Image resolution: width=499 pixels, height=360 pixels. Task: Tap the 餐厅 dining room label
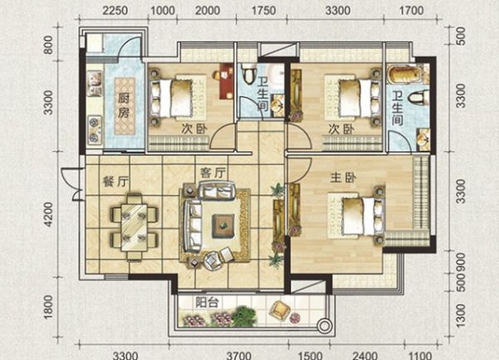pos(116,181)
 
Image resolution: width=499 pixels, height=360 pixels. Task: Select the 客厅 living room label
pos(213,173)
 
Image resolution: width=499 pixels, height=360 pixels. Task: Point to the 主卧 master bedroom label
pos(343,178)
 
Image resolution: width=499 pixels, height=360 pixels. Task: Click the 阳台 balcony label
pos(207,302)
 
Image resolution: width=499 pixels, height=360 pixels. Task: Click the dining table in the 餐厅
pos(134,227)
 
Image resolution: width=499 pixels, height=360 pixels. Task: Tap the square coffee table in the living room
pos(224,225)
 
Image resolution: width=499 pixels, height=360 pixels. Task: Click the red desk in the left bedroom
pos(226,81)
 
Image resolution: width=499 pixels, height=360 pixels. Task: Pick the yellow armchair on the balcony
pos(279,308)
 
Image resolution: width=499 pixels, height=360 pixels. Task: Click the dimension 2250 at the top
pos(115,11)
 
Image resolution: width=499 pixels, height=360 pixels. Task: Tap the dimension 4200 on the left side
pos(48,215)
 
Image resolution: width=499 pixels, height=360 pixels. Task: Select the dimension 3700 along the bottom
pos(239,355)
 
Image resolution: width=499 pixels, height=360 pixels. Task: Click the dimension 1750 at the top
pos(264,11)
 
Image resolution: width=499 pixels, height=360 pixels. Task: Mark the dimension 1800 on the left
pos(48,307)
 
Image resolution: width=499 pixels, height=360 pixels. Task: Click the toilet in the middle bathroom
pos(249,73)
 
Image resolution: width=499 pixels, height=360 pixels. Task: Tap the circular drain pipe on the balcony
pos(324,326)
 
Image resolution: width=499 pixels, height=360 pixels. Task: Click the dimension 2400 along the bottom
pos(365,355)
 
